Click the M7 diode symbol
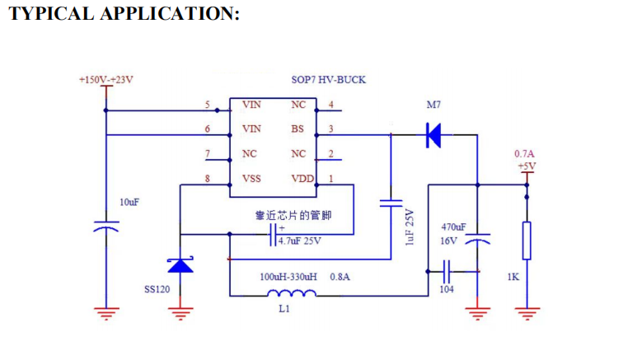433,133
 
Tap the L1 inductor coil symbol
292,293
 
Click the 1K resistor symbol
527,241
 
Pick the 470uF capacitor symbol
478,240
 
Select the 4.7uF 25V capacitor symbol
274,235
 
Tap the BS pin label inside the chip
297,129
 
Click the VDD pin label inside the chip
300,179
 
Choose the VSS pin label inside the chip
251,179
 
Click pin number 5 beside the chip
208,105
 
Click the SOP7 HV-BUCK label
329,80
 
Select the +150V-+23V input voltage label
105,80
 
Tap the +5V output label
527,166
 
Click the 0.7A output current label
524,154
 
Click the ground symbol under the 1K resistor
527,311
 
